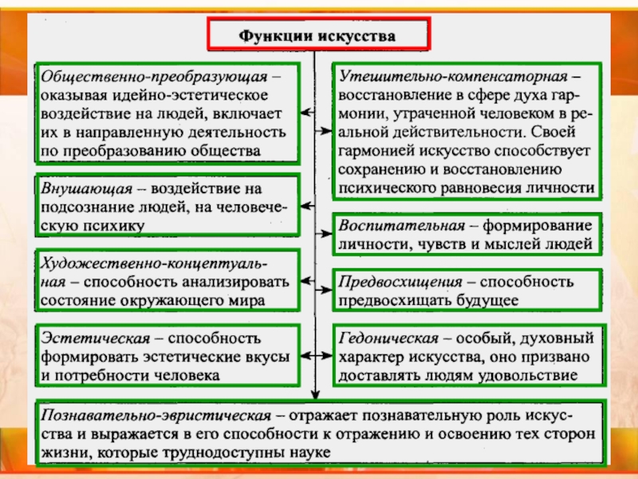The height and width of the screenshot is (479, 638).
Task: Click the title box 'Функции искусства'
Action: tap(317, 36)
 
